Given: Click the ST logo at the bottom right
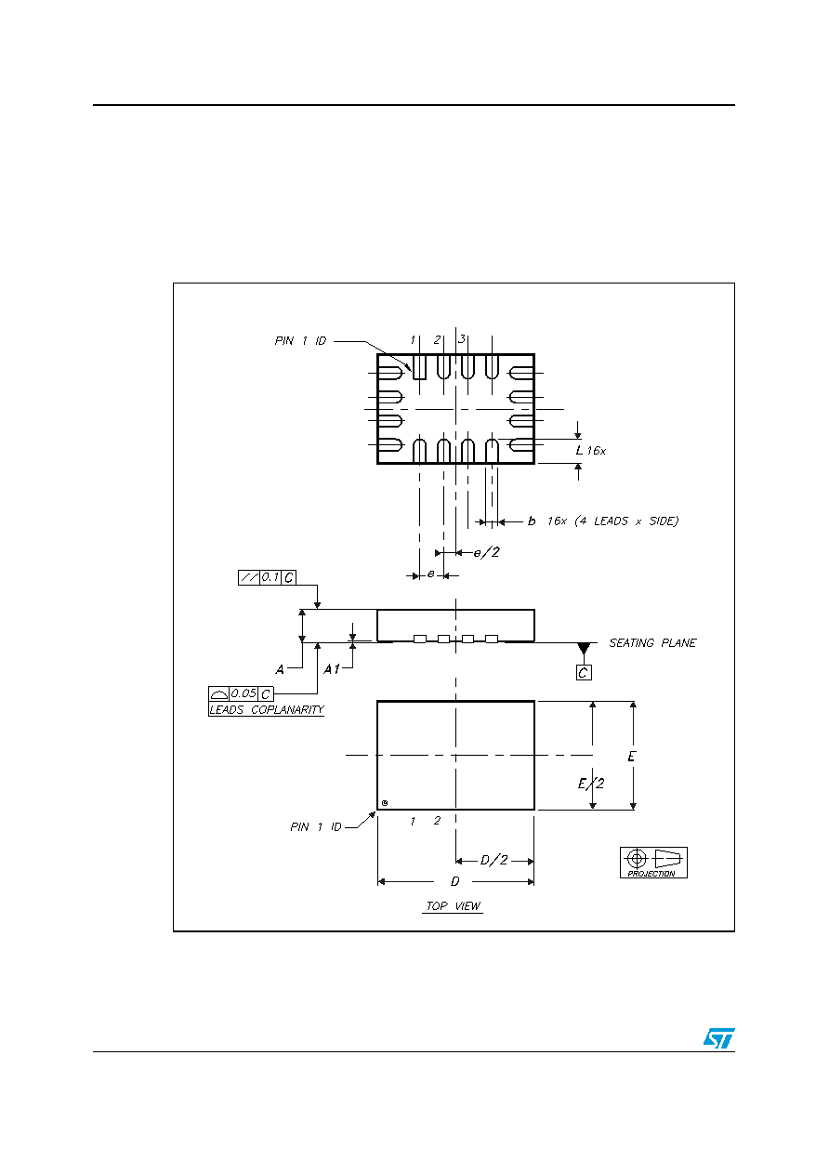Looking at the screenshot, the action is click(x=718, y=1037).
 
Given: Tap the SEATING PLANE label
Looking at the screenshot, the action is click(x=652, y=643).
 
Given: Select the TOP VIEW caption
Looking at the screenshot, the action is click(x=453, y=906).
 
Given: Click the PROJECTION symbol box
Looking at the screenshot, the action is click(x=653, y=863).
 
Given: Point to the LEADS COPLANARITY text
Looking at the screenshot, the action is click(x=267, y=709).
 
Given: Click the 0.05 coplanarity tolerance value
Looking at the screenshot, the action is click(x=243, y=693).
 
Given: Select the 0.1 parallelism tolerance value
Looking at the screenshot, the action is click(x=270, y=577).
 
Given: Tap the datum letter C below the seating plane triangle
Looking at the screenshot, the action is click(x=584, y=672).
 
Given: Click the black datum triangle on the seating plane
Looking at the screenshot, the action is click(x=584, y=648).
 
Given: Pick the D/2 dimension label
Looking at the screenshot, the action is click(x=494, y=860).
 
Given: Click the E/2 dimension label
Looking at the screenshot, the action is click(x=591, y=784).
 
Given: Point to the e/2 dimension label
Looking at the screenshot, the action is click(x=487, y=552).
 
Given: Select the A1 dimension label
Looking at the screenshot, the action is click(x=332, y=669).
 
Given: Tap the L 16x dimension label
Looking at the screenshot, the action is click(x=590, y=450).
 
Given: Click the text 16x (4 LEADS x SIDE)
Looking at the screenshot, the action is click(x=612, y=521).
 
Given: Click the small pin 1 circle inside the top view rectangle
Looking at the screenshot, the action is click(x=385, y=803).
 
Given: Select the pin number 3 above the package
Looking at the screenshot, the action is click(x=462, y=339).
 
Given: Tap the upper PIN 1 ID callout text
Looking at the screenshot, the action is click(x=300, y=340).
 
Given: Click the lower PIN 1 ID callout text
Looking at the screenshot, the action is click(x=316, y=827).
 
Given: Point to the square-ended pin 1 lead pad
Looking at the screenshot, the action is click(x=419, y=367).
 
